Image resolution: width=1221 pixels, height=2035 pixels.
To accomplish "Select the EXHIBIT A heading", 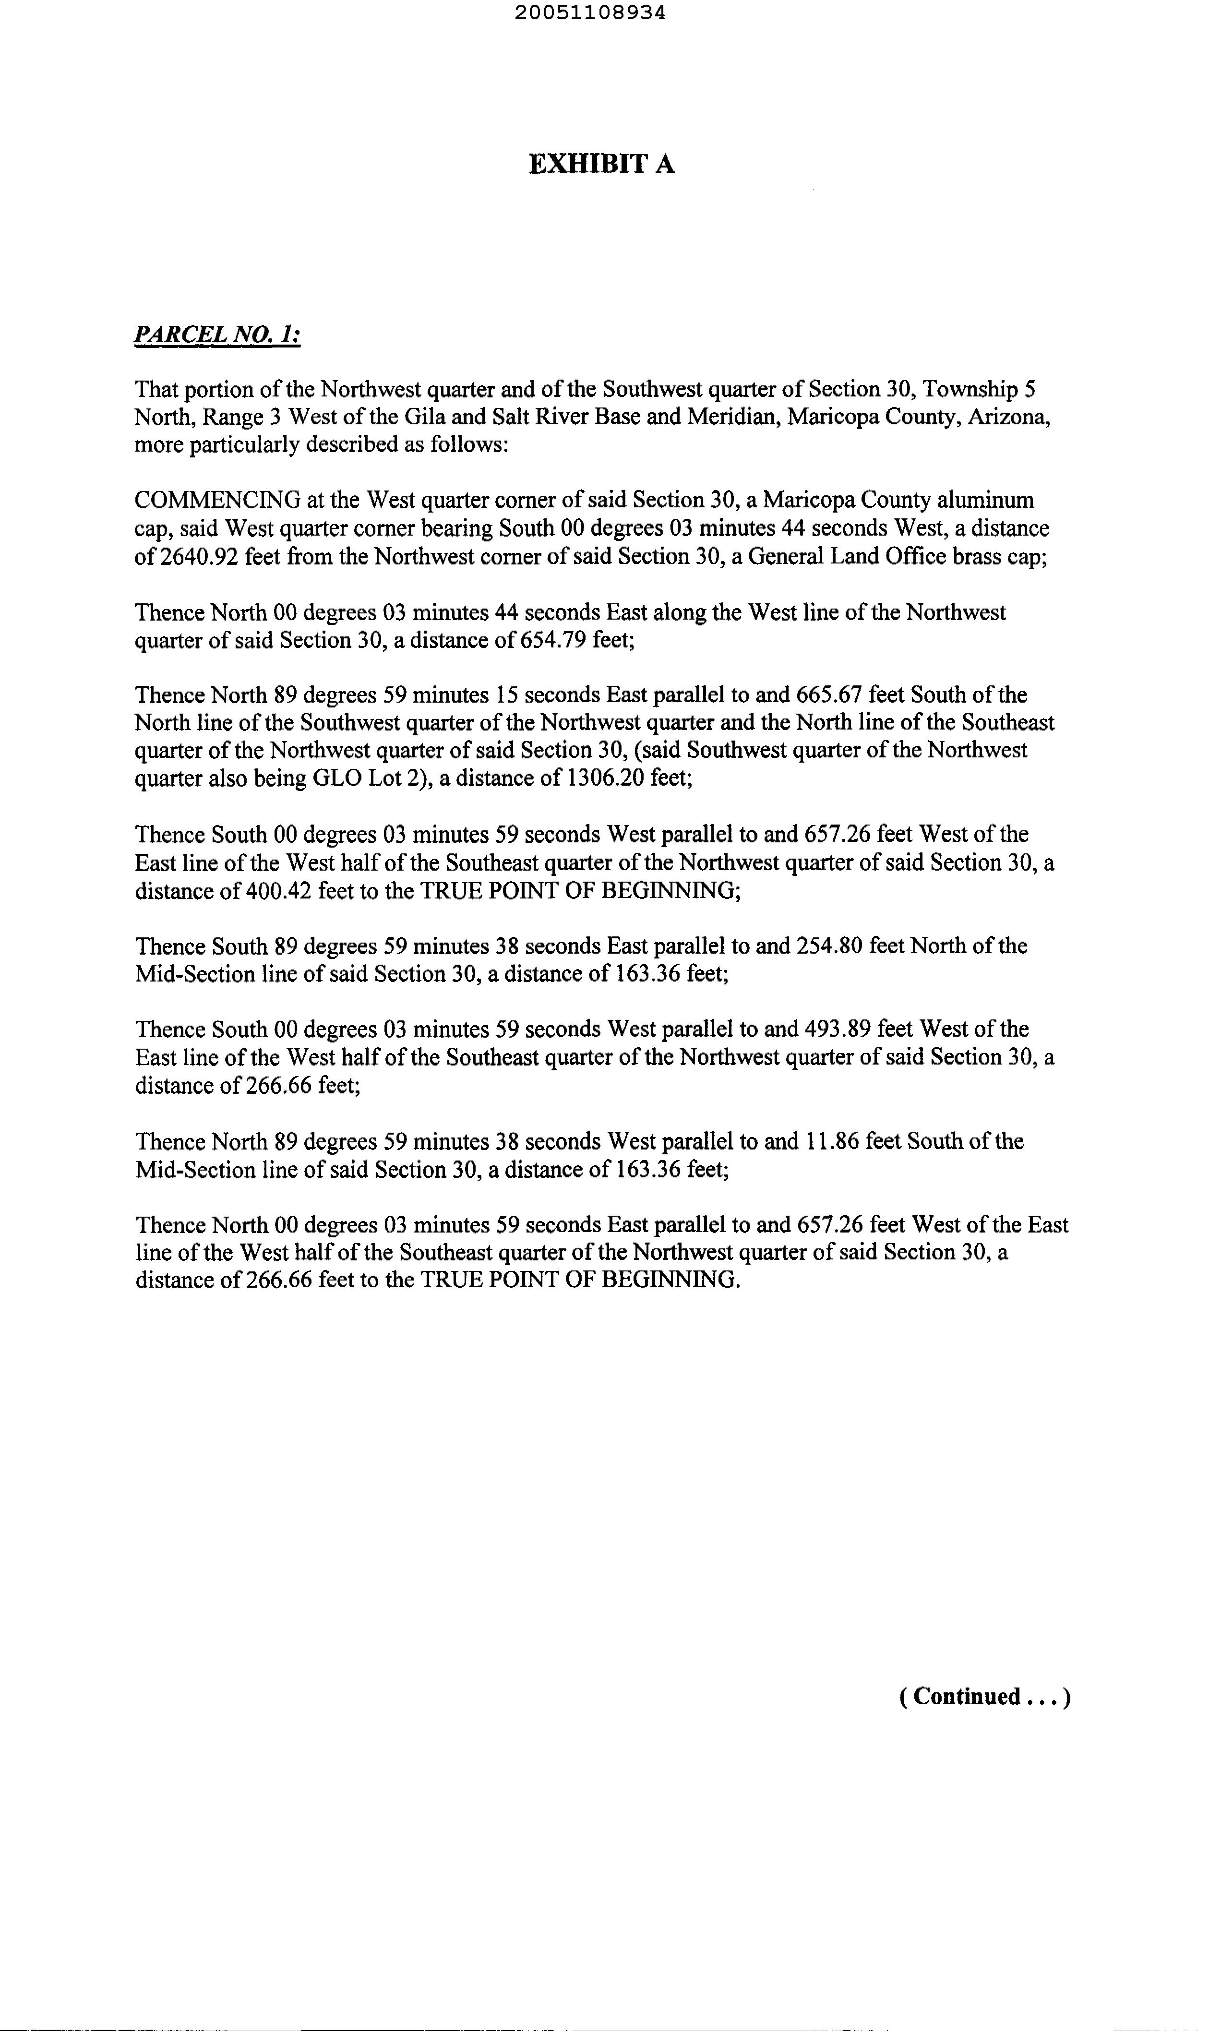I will coord(601,165).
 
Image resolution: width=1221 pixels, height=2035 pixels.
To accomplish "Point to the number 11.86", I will coord(825,1142).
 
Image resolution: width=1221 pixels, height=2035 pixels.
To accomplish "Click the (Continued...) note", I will coord(984,1697).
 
